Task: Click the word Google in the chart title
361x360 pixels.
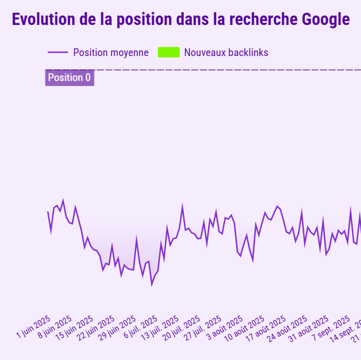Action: (x=326, y=20)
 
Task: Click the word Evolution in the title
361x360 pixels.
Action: (x=43, y=20)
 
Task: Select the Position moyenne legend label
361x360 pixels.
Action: (x=111, y=53)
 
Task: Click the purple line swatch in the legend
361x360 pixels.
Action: (x=58, y=53)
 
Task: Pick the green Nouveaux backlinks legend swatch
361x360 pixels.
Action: (x=168, y=53)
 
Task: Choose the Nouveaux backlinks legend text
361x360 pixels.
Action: (x=226, y=53)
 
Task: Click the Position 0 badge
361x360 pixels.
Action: (x=69, y=78)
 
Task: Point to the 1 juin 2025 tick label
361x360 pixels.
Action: (x=34, y=327)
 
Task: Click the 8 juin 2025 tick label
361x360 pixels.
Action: (x=55, y=327)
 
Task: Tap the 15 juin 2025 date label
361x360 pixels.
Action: (x=75, y=328)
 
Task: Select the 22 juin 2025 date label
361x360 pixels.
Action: (x=96, y=328)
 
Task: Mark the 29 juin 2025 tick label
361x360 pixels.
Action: (x=118, y=328)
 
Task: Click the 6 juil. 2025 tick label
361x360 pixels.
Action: (x=141, y=327)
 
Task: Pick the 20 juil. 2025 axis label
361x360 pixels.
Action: (x=182, y=328)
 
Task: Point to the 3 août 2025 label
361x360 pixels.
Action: (x=225, y=327)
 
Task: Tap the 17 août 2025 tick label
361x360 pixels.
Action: (x=267, y=328)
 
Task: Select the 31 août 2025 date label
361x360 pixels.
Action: (x=309, y=328)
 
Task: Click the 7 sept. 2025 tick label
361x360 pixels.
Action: (x=331, y=328)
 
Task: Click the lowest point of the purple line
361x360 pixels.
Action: (x=152, y=285)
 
